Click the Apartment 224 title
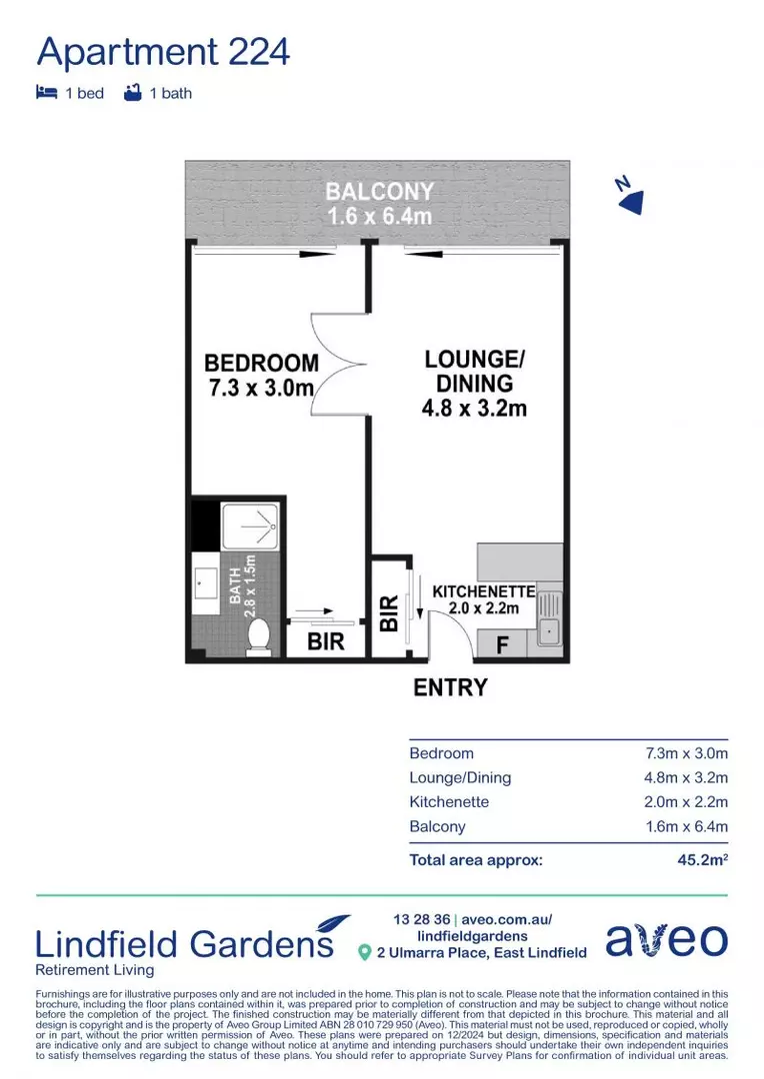coord(163,50)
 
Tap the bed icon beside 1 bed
coord(46,93)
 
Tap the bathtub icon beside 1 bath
coord(131,93)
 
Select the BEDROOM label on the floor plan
coord(261,375)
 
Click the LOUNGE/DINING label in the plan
coord(474,383)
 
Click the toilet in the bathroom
coord(259,634)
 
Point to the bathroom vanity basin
coord(208,581)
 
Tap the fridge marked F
coord(503,644)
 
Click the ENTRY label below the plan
coord(450,687)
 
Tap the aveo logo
coord(666,939)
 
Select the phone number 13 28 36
coord(421,919)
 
